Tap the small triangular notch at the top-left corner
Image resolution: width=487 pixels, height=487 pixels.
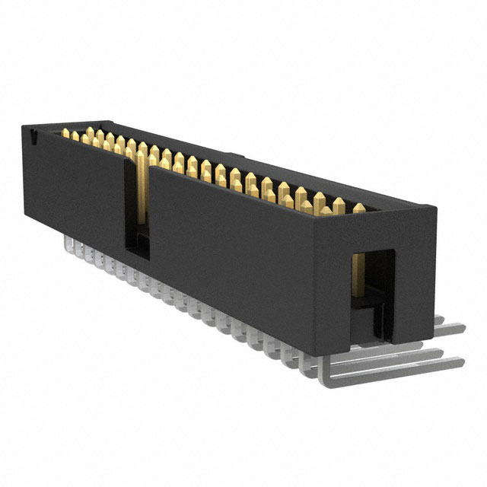click(x=34, y=136)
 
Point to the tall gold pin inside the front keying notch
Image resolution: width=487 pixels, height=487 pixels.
click(x=140, y=190)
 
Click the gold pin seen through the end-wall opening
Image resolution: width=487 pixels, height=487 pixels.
click(x=358, y=278)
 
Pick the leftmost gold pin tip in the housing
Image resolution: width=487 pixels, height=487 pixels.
click(x=65, y=134)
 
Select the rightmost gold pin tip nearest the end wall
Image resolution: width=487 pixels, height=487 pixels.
click(x=359, y=208)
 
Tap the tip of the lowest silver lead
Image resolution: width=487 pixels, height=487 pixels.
click(x=460, y=363)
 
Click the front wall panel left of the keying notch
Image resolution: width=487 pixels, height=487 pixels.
click(x=72, y=183)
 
